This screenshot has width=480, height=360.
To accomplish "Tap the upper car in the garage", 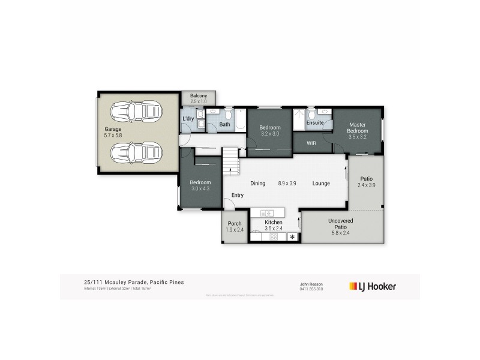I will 137,112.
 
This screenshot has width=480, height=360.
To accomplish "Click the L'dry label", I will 188,119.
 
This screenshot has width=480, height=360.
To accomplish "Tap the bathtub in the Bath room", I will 239,120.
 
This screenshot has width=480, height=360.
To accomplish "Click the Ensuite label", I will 315,123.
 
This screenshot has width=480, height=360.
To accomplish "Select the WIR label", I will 311,143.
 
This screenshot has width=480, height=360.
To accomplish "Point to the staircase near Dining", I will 230,161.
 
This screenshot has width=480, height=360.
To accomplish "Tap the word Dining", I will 257,184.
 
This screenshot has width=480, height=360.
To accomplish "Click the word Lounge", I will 321,184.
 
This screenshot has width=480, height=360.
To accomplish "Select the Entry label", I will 238,195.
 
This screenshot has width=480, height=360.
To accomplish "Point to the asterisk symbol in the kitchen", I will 293,238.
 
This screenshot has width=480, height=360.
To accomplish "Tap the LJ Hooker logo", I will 373,286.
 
